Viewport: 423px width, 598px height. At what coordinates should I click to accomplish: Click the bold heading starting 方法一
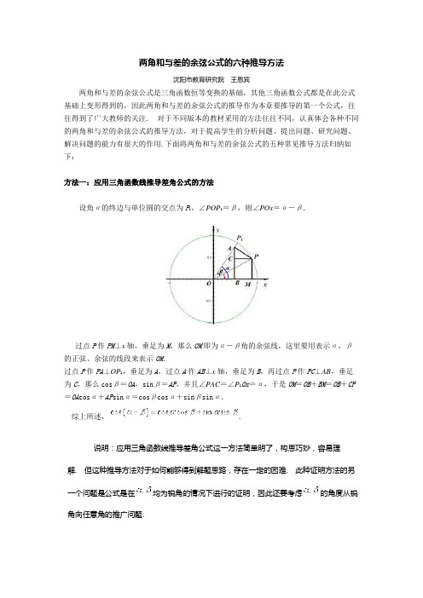point(138,182)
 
